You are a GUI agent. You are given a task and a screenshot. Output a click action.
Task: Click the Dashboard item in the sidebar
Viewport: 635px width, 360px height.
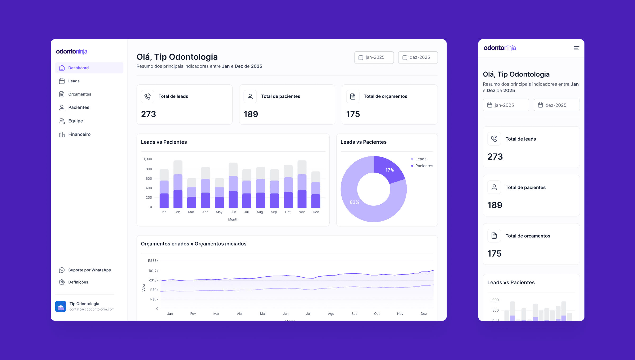(x=78, y=68)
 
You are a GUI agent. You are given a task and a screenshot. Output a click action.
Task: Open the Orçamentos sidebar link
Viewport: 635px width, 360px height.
(x=79, y=94)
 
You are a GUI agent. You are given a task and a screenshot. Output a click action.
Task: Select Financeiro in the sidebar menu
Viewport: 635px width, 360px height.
(x=79, y=134)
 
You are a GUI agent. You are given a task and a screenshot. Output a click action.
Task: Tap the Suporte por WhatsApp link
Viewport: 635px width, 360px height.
(x=89, y=270)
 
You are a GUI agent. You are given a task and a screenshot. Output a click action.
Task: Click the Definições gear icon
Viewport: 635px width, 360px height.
(x=62, y=282)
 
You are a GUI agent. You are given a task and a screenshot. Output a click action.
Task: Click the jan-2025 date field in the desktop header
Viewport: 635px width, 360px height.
(x=374, y=57)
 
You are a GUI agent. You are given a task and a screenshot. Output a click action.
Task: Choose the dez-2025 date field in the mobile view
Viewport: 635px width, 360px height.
(x=556, y=105)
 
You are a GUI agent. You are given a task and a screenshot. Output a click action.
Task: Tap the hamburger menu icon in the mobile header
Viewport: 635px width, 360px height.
(x=576, y=48)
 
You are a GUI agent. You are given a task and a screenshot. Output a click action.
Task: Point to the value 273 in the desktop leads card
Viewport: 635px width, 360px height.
(x=148, y=114)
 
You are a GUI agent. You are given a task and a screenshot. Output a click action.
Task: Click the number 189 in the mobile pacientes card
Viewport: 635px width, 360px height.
(x=495, y=205)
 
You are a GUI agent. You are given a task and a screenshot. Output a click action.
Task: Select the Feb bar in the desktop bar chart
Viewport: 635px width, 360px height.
(x=178, y=185)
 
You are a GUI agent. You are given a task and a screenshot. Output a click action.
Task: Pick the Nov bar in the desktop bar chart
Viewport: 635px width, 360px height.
(x=302, y=185)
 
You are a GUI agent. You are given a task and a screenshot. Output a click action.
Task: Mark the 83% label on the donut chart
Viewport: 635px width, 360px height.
(x=354, y=202)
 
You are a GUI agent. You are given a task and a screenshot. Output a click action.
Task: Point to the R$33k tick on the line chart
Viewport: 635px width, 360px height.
(x=153, y=261)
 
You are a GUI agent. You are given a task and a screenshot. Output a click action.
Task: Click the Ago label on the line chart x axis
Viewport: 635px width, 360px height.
(x=331, y=314)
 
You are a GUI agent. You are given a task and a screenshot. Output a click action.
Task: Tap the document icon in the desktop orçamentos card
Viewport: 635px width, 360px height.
(x=353, y=97)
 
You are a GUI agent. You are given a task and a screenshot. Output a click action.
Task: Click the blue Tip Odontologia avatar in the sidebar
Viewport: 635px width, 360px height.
(x=61, y=306)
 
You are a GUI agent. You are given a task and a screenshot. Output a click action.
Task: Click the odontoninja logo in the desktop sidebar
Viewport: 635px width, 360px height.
(x=71, y=51)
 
